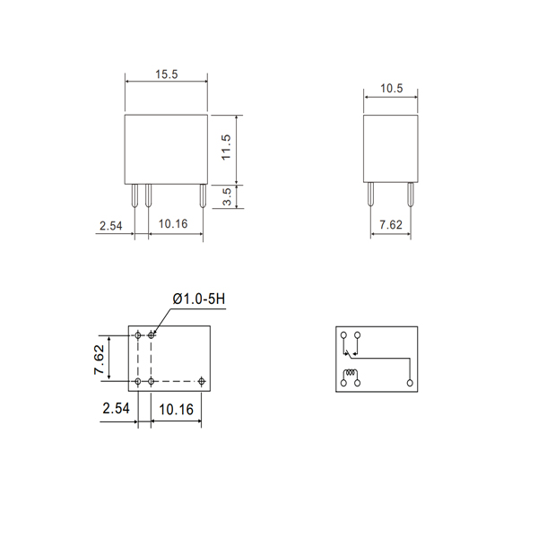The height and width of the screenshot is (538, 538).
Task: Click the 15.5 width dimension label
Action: click(167, 74)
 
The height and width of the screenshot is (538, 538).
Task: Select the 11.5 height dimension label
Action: click(226, 147)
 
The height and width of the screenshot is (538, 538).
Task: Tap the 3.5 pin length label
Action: click(227, 196)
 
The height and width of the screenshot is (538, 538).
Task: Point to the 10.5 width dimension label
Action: click(391, 89)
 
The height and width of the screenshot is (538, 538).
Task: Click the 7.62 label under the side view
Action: click(390, 225)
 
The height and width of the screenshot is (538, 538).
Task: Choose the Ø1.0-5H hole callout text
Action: click(199, 299)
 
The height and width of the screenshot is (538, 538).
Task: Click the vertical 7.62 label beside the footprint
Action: click(100, 360)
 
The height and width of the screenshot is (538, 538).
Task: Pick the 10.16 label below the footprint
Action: click(176, 410)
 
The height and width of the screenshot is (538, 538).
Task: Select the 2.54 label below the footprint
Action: click(116, 408)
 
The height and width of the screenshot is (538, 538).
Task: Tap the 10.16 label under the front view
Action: click(173, 224)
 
